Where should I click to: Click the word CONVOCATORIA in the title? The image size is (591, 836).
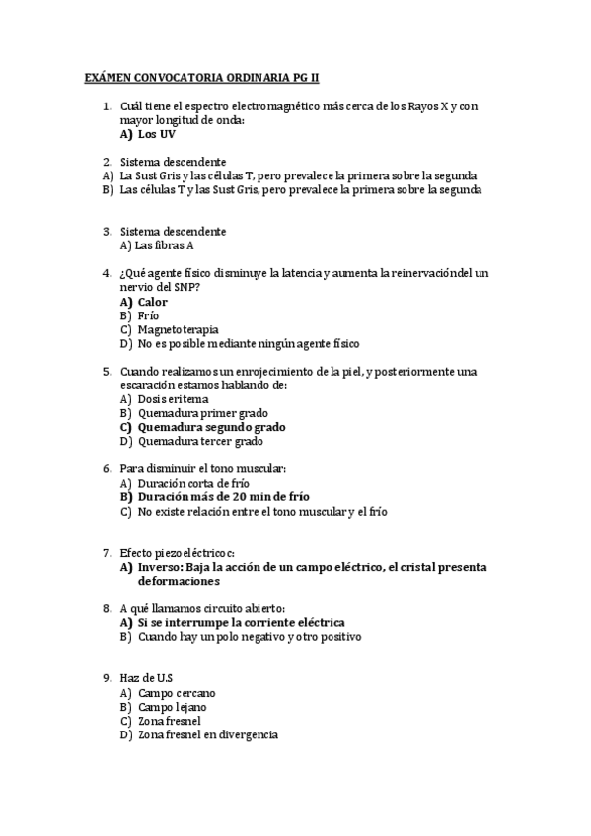[x=186, y=76]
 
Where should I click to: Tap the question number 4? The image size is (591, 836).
[x=107, y=272]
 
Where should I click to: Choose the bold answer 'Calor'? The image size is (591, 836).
[x=153, y=301]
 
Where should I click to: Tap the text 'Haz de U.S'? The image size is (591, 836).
[x=146, y=678]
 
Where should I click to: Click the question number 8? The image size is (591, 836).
[x=107, y=608]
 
